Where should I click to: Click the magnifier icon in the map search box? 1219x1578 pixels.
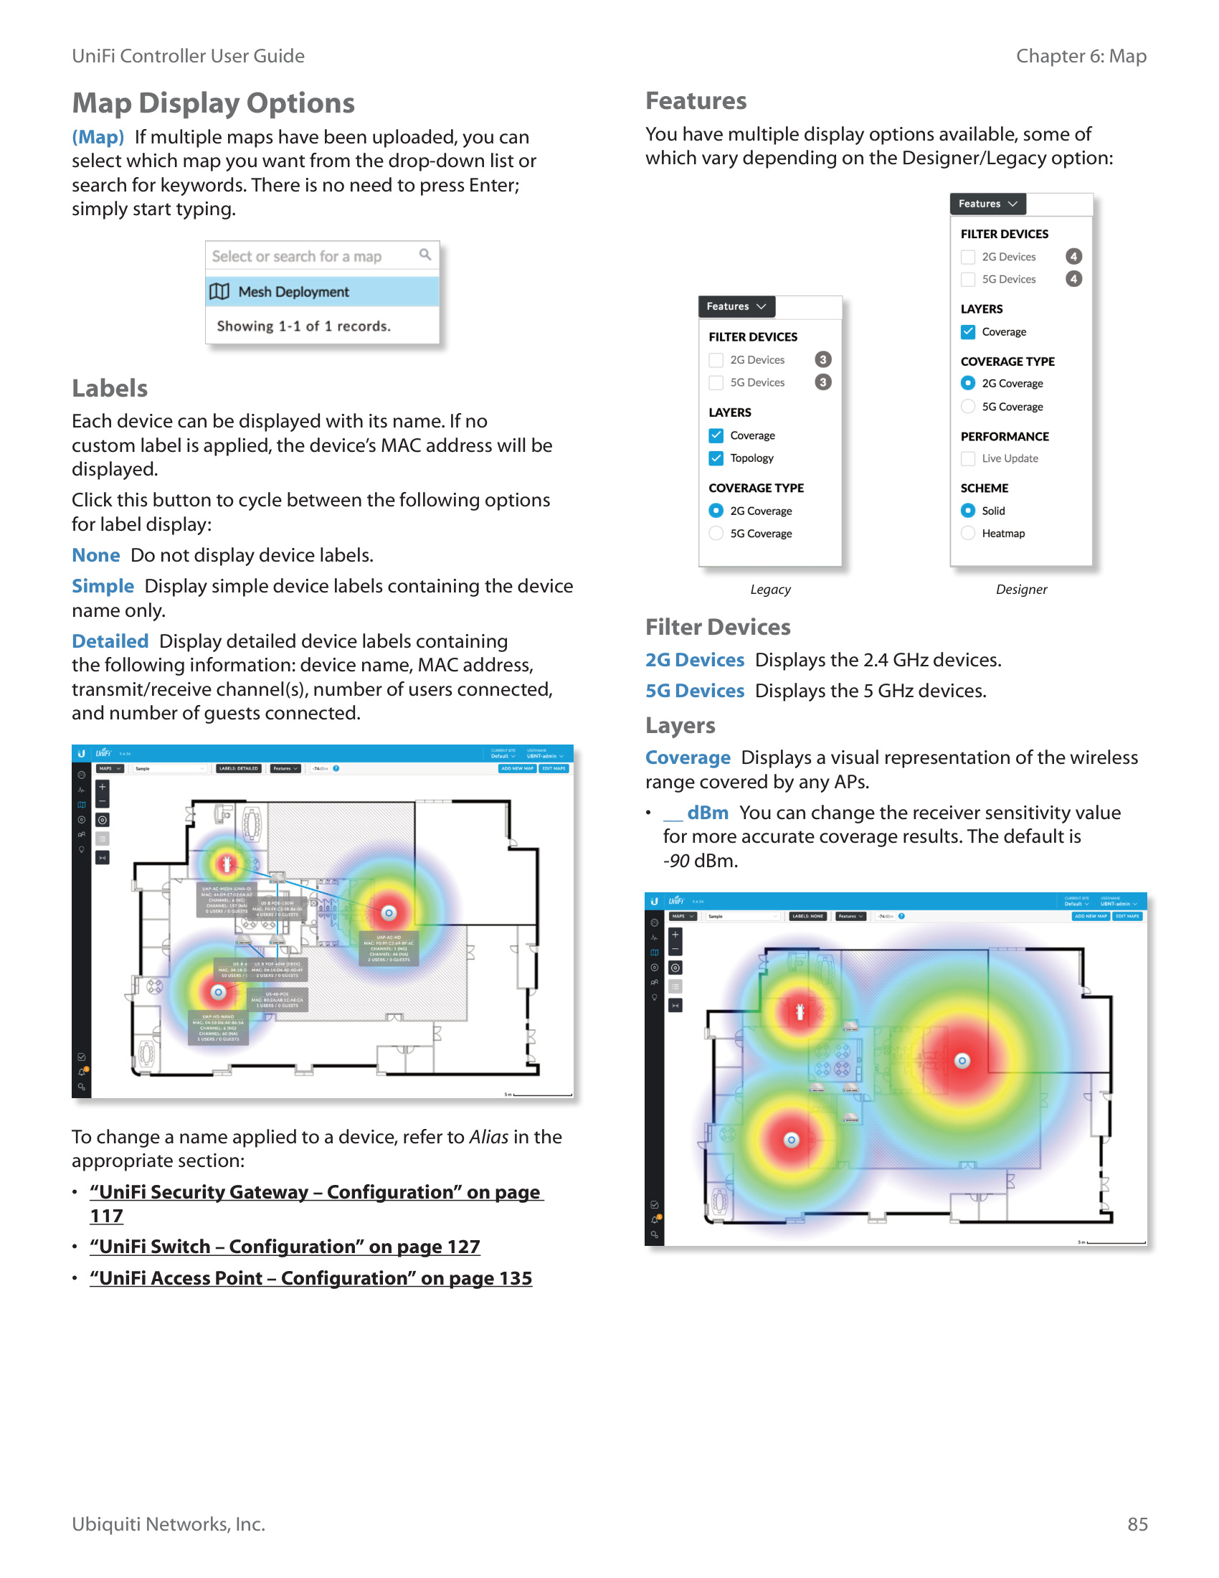(424, 255)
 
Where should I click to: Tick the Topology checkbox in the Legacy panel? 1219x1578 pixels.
(716, 458)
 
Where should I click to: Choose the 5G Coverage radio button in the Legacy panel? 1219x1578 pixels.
(716, 533)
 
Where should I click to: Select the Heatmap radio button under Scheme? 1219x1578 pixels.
(968, 533)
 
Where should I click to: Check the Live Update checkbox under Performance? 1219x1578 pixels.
(968, 458)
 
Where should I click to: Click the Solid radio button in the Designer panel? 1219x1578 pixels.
(968, 511)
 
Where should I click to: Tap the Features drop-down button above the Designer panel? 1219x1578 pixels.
(987, 204)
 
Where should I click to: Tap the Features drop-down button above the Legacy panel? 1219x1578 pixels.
(736, 306)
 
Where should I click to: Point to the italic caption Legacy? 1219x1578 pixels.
(770, 590)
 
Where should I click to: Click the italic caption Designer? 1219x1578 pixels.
(1020, 590)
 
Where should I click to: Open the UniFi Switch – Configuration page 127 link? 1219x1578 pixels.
(285, 1247)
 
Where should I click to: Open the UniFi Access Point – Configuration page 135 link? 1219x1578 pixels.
(310, 1278)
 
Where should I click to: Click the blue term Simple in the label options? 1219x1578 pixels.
(103, 586)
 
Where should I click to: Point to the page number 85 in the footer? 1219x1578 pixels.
(1137, 1523)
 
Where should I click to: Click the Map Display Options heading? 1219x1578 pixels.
(213, 103)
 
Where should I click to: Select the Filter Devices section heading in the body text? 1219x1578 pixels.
(717, 626)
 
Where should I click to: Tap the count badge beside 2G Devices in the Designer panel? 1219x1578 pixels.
(1073, 257)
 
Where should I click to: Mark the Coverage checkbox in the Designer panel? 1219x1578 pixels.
(968, 331)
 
